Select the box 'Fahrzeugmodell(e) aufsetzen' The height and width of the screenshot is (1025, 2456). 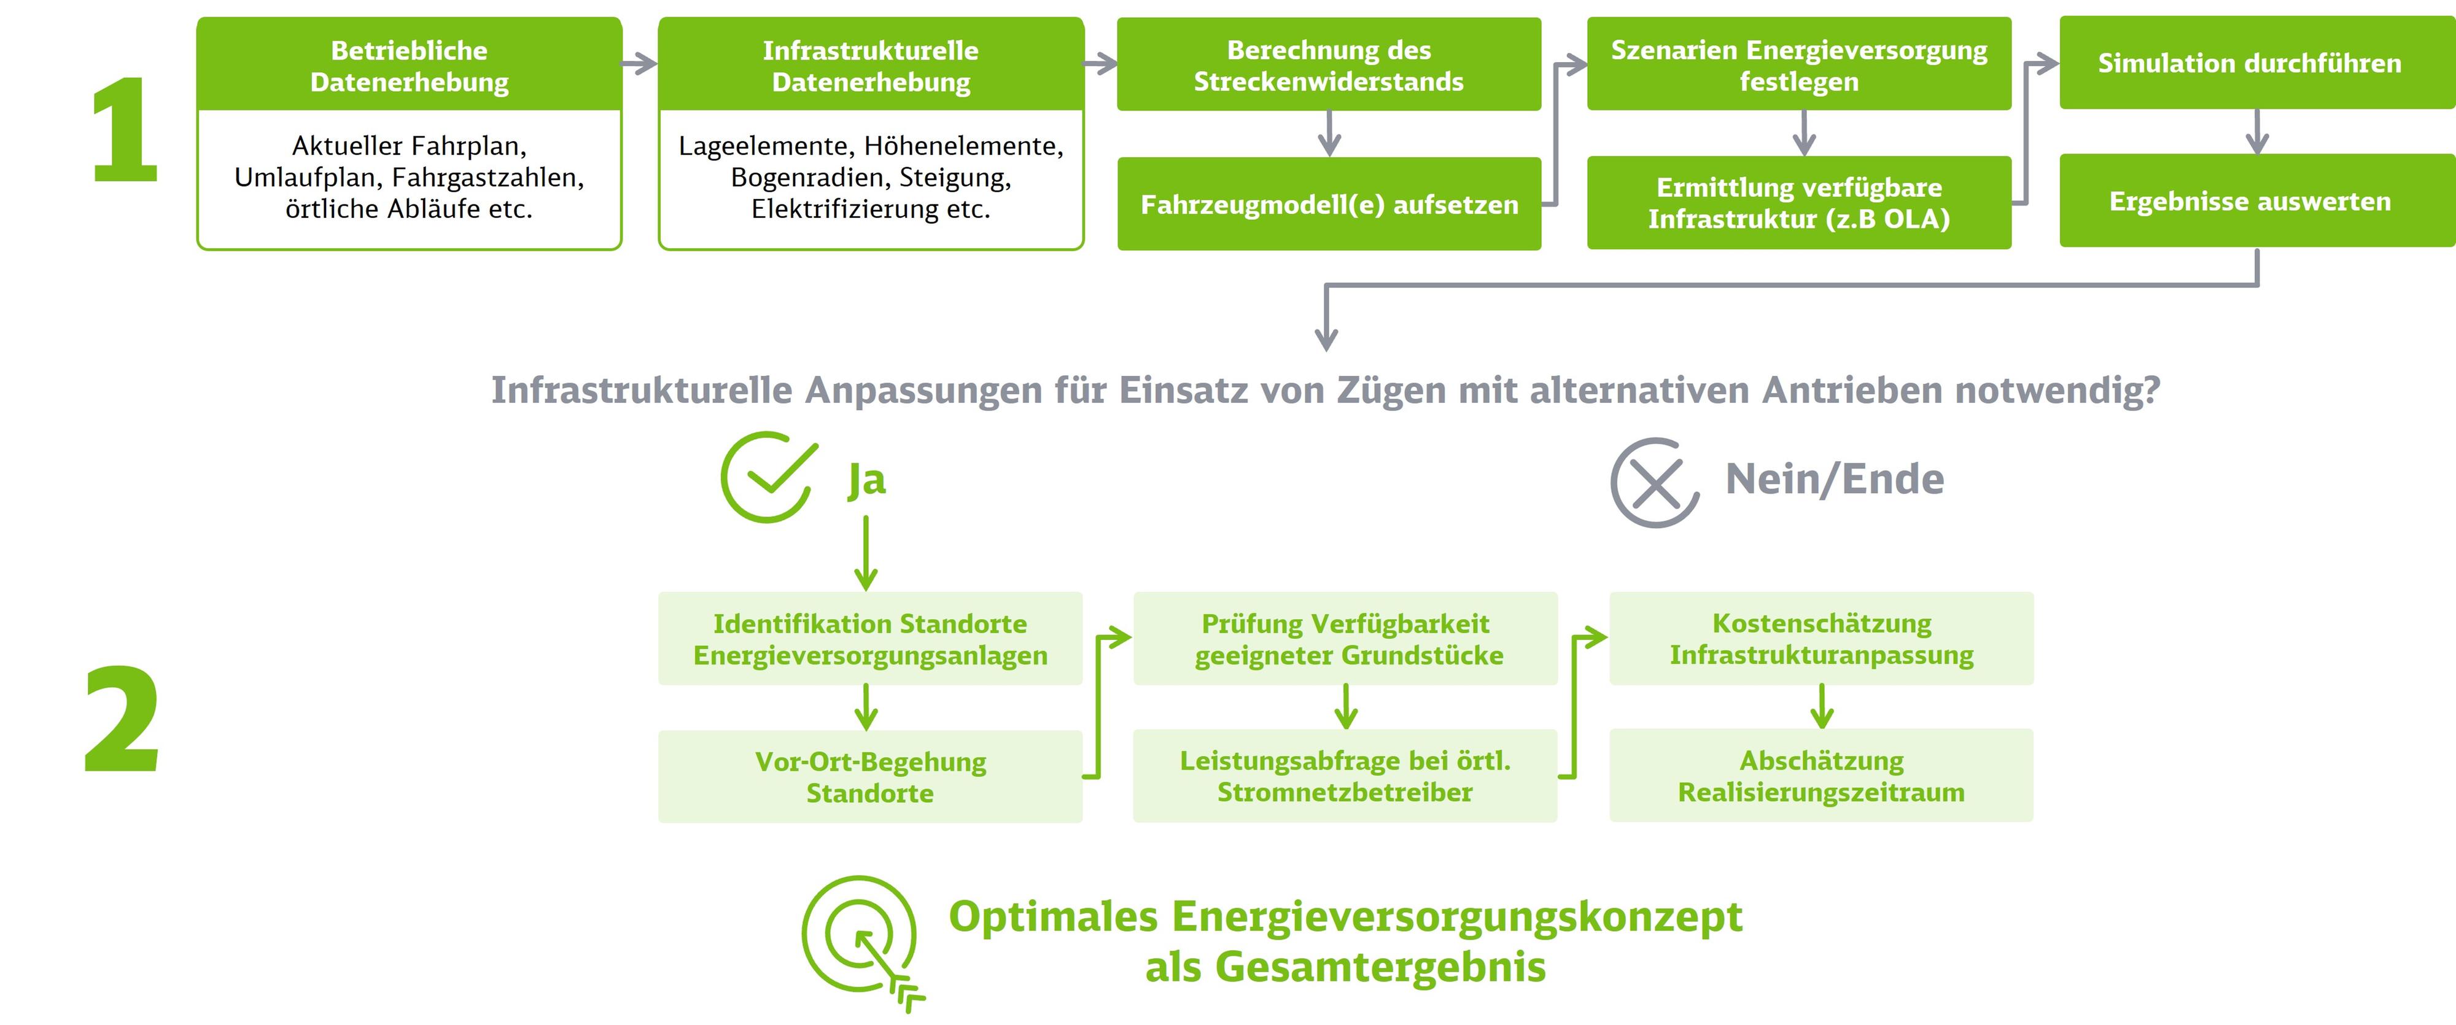[x=1329, y=204]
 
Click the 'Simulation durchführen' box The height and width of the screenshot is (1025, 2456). [x=2256, y=63]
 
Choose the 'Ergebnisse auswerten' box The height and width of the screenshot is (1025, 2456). [x=2256, y=201]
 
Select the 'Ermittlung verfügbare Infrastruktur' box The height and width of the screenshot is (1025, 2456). [x=1799, y=203]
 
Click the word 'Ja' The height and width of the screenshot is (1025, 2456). [x=866, y=480]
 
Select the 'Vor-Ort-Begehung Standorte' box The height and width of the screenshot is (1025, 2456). [x=871, y=777]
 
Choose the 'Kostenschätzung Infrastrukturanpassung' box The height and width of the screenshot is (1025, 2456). [x=1822, y=639]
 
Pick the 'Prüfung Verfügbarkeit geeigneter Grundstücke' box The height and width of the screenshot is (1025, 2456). [x=1345, y=639]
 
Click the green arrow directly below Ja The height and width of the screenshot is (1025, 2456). [x=866, y=553]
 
